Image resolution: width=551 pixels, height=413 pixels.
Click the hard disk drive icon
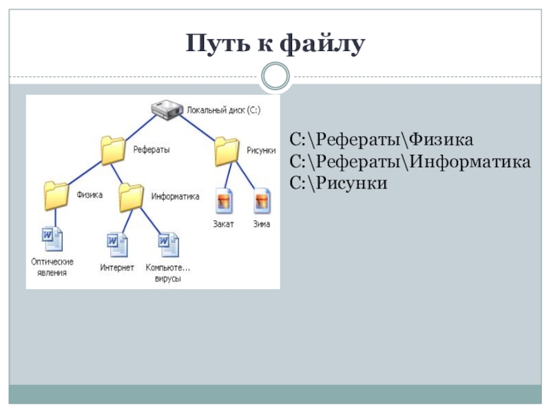tap(167, 109)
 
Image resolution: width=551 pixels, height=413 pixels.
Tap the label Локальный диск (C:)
tap(223, 110)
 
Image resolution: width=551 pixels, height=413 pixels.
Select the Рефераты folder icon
tap(113, 150)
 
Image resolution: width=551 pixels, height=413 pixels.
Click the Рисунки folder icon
tap(227, 151)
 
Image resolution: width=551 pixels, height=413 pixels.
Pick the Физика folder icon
tap(56, 195)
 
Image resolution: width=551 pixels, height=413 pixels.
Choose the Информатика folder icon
tap(131, 198)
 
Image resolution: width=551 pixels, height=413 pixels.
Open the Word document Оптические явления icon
tap(52, 239)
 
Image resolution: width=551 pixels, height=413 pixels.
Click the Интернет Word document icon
tap(117, 245)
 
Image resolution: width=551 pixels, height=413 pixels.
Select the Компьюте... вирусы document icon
tap(168, 245)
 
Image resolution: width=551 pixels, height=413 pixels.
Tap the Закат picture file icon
tap(224, 201)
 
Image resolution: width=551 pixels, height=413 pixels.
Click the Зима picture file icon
tap(262, 201)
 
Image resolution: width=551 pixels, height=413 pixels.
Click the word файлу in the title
tap(322, 44)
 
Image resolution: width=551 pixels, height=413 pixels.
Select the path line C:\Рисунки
tap(338, 183)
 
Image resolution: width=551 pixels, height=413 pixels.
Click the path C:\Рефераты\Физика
tap(382, 140)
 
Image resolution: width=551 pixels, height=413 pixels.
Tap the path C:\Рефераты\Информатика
tap(410, 162)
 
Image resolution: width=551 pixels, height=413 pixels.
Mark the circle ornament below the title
tap(275, 76)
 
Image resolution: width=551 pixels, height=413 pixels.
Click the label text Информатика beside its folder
tap(175, 196)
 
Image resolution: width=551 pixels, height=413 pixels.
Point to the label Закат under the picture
tap(223, 224)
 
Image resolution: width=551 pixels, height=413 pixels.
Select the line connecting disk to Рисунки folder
tap(198, 128)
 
